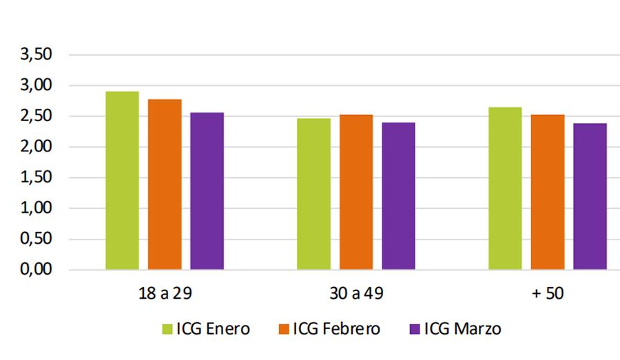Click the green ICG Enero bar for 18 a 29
(122, 180)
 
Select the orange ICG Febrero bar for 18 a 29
(165, 184)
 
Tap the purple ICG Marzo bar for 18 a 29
(207, 191)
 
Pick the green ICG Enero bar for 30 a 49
(313, 193)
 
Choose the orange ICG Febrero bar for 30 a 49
(356, 192)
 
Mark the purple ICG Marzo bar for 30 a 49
(398, 195)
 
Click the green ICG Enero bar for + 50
(505, 188)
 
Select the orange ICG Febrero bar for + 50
(548, 192)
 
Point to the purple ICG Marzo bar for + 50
(590, 196)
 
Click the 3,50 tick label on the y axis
(36, 55)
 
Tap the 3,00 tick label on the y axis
(36, 85)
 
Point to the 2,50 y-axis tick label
(36, 116)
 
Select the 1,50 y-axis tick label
(36, 178)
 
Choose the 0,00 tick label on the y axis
(36, 269)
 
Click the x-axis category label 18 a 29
(164, 293)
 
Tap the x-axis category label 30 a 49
(355, 293)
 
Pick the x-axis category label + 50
(548, 293)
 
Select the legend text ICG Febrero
(336, 329)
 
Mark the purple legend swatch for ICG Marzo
(415, 329)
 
